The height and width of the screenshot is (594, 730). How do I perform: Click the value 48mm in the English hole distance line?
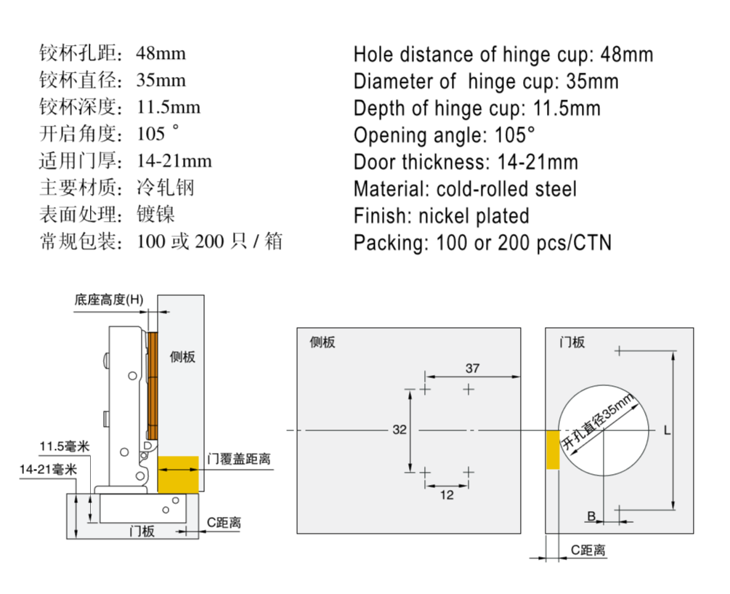pyautogui.click(x=627, y=55)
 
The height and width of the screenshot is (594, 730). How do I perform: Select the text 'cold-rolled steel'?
pyautogui.click(x=506, y=189)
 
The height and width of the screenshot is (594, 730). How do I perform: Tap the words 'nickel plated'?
pyautogui.click(x=474, y=216)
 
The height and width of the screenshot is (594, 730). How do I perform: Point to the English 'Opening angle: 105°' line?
pyautogui.click(x=444, y=135)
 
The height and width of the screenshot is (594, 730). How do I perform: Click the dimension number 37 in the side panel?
pyautogui.click(x=473, y=368)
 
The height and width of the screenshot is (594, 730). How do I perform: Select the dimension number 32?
pyautogui.click(x=400, y=430)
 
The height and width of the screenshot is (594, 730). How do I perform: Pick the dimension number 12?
pyautogui.click(x=447, y=495)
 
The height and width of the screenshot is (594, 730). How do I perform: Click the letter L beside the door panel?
pyautogui.click(x=667, y=430)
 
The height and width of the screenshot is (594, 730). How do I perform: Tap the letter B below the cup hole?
pyautogui.click(x=591, y=515)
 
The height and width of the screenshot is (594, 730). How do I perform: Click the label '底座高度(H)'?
pyautogui.click(x=109, y=300)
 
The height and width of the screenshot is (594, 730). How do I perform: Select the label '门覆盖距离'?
pyautogui.click(x=239, y=459)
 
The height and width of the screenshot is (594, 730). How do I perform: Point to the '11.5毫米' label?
pyautogui.click(x=64, y=446)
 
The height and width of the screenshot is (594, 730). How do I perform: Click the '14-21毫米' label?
pyautogui.click(x=49, y=469)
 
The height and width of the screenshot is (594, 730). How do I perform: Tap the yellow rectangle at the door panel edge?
pyautogui.click(x=553, y=449)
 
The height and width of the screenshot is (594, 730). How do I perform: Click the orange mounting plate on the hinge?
pyautogui.click(x=153, y=385)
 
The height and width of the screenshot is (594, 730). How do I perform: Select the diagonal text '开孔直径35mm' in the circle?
pyautogui.click(x=599, y=422)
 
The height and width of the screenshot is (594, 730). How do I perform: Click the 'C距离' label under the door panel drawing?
pyautogui.click(x=588, y=550)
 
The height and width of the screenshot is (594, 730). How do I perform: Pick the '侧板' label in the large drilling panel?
pyautogui.click(x=323, y=342)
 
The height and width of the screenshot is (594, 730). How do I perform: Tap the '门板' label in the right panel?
pyautogui.click(x=572, y=342)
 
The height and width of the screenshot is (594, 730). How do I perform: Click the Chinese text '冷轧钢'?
pyautogui.click(x=165, y=188)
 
